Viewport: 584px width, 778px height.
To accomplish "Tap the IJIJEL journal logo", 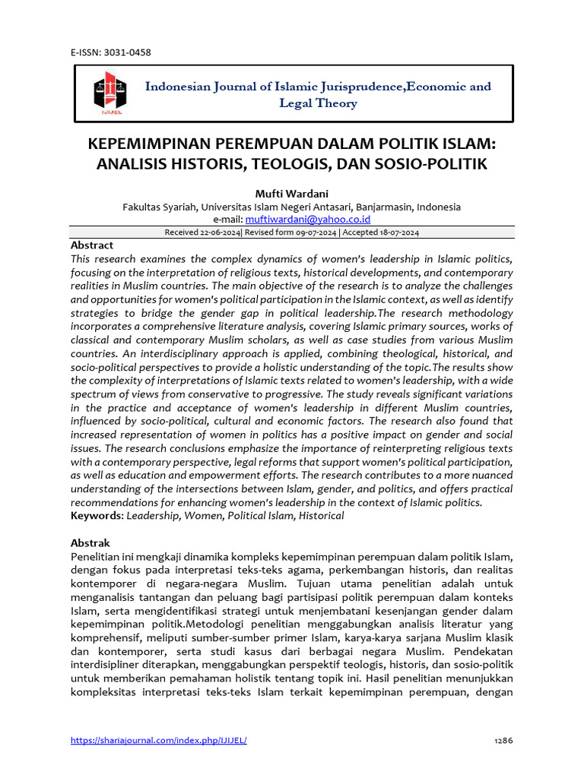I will click(107, 93).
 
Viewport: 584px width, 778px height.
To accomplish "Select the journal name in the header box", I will click(318, 94).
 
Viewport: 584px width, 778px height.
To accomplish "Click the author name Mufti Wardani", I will click(291, 193).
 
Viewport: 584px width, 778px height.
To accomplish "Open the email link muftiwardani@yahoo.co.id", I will click(308, 219).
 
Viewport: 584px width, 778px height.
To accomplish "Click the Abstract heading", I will click(91, 245).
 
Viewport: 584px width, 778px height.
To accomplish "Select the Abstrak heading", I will click(90, 543).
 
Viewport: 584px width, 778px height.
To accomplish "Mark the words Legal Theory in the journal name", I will click(318, 103).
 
